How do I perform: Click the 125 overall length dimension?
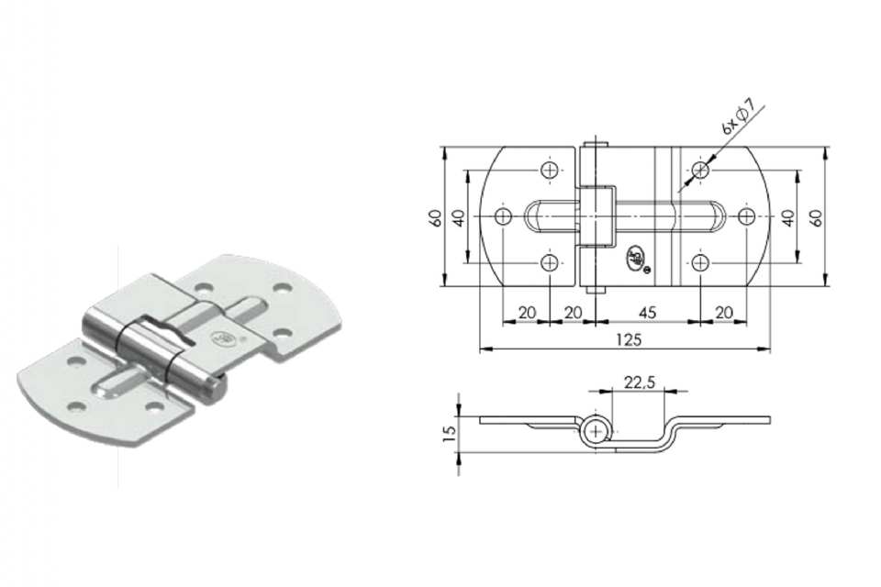click(x=629, y=340)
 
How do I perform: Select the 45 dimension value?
click(x=648, y=313)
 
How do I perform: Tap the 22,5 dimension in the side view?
click(x=640, y=382)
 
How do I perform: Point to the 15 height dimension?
click(x=449, y=433)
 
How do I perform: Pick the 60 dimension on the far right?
click(x=817, y=217)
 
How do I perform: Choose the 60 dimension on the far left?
click(x=435, y=217)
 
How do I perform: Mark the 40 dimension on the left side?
click(x=459, y=217)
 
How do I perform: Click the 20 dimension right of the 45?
click(x=724, y=313)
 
